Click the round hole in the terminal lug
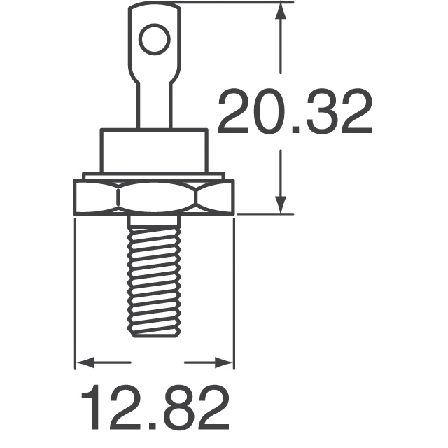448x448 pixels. pos(154,38)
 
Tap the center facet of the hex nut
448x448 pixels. pos(154,197)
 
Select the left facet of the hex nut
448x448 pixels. pos(95,197)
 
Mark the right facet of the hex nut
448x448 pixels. pos(213,197)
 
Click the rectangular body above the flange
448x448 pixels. pos(154,150)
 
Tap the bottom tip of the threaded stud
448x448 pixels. pos(154,335)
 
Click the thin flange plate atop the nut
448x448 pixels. pos(154,175)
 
